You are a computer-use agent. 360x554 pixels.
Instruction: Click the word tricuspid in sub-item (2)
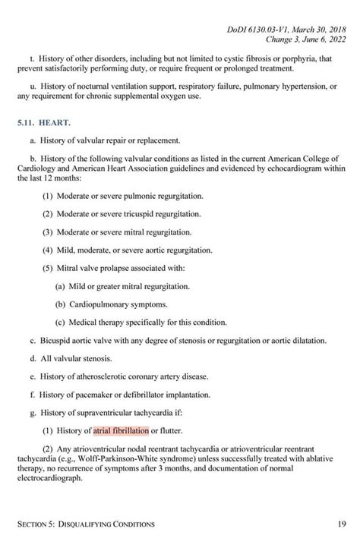136,215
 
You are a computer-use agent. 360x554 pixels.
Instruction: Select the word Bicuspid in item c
58,340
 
